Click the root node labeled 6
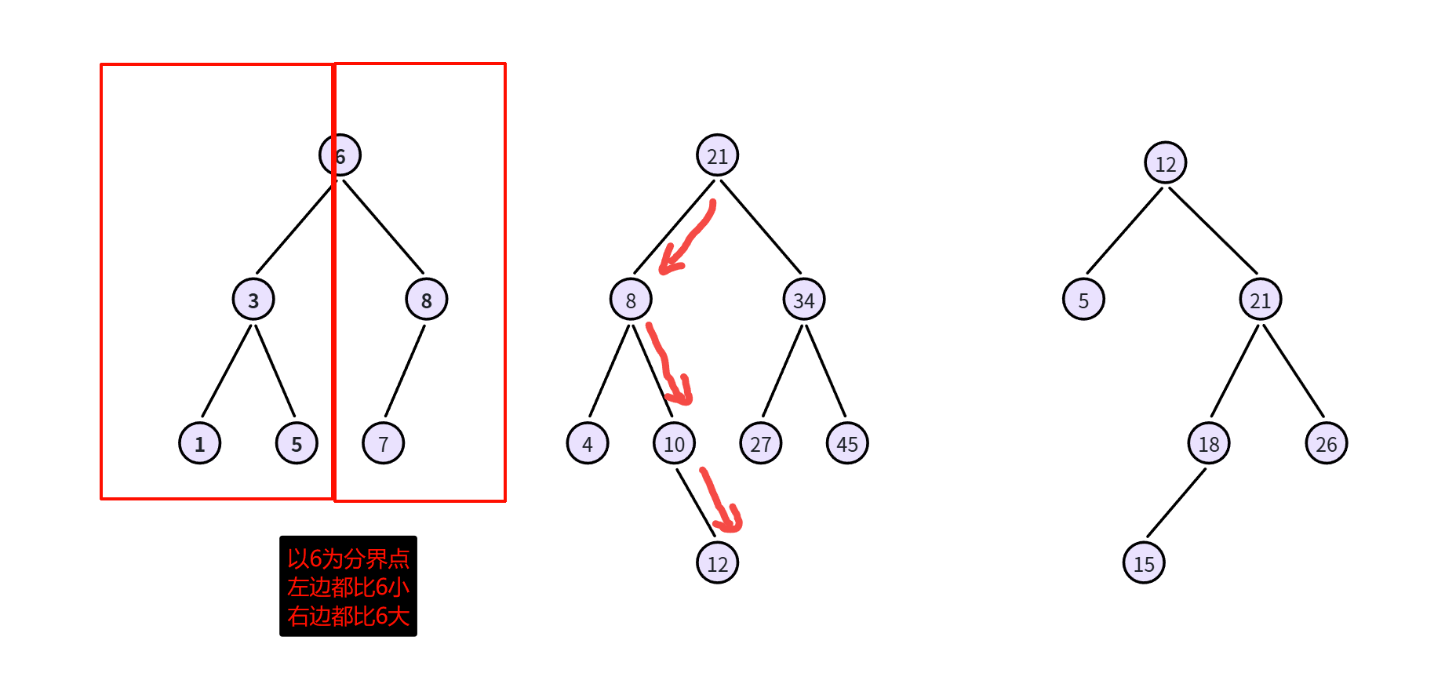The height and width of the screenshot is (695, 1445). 340,155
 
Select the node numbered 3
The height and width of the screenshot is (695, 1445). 253,300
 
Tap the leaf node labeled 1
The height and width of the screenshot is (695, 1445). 200,443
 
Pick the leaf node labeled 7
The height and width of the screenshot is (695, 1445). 384,443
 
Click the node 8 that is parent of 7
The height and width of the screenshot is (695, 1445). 427,300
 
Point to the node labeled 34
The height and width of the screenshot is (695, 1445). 804,300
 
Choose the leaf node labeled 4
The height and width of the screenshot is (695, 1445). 588,443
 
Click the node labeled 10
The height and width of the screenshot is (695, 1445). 675,443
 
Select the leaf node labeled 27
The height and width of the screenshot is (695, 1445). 761,443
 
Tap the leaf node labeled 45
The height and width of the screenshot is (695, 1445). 847,443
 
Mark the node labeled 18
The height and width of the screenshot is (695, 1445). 1209,443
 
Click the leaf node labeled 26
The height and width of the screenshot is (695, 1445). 1327,443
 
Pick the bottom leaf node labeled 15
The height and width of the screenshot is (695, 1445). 1144,563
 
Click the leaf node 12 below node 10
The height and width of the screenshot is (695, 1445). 718,563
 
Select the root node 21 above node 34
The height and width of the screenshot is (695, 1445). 718,155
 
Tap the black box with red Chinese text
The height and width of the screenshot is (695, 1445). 348,586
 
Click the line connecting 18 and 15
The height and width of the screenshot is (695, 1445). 1177,503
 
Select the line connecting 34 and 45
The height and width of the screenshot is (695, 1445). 826,371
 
